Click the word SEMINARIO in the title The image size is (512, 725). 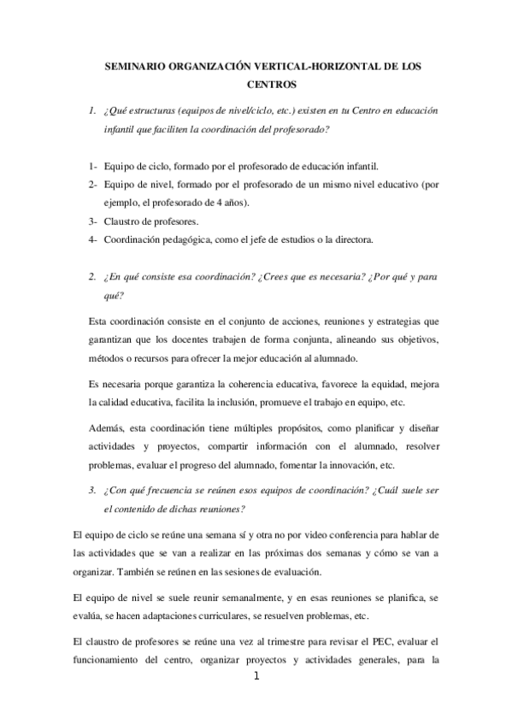click(133, 66)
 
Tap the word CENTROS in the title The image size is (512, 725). click(272, 85)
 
